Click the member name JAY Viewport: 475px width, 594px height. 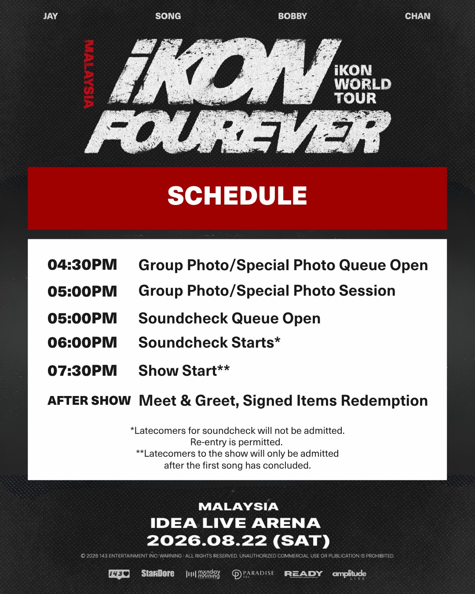point(51,16)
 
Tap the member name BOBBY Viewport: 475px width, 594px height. point(292,16)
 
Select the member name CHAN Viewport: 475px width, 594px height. point(417,16)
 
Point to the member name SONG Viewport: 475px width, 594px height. point(168,16)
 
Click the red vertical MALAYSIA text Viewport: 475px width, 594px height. point(89,74)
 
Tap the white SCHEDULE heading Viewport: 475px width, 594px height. point(237,196)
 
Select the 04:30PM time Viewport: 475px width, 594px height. point(82,264)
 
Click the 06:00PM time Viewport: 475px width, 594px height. point(82,342)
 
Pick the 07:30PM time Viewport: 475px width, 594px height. point(82,370)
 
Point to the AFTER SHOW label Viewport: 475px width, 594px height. point(89,400)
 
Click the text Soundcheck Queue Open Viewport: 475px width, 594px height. point(229,318)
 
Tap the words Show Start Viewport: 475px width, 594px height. point(178,370)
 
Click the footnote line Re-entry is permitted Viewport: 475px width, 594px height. point(237,442)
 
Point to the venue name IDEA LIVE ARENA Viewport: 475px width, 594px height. point(235,523)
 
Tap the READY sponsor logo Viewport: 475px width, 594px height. point(303,574)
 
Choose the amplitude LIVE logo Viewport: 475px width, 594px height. point(349,574)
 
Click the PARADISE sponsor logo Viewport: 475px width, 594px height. point(253,574)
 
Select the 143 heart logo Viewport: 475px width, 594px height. point(119,574)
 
